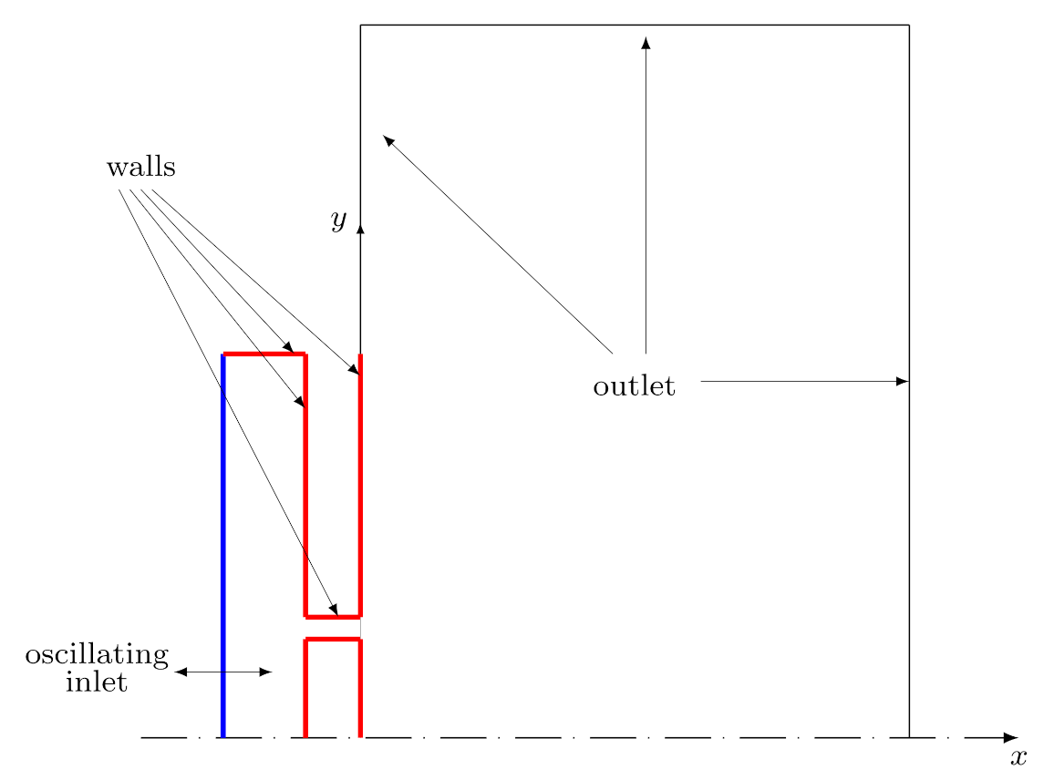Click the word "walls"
point(141,167)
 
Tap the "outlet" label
point(634,385)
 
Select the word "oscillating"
point(97,655)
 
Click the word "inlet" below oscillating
point(96,682)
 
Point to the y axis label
point(339,220)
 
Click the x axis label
point(1019,758)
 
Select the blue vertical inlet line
point(223,546)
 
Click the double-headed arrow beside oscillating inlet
point(224,672)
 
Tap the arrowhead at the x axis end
point(1011,738)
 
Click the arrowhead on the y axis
point(360,230)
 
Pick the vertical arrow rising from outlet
point(646,195)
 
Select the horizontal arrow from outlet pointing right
point(804,382)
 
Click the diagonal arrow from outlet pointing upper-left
point(498,244)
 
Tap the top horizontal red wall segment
point(264,354)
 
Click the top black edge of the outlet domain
point(635,25)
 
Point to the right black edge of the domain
point(909,381)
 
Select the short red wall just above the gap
point(333,616)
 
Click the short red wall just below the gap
point(333,640)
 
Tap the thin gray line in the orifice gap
point(361,628)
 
